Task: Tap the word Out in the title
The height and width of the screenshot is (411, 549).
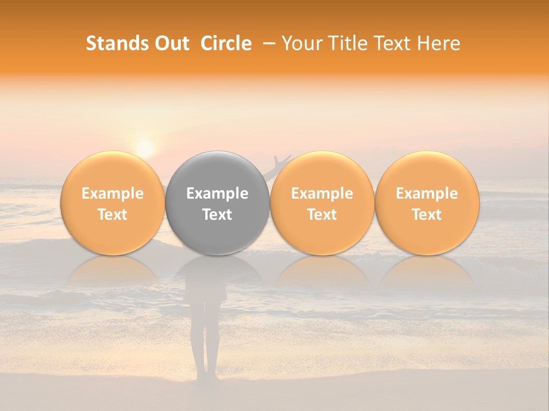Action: point(172,43)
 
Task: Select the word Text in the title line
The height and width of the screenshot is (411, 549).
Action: point(388,43)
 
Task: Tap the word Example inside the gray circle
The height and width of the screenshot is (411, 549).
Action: point(217,194)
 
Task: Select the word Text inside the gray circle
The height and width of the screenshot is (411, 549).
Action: point(217,215)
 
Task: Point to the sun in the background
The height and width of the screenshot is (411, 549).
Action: point(145,149)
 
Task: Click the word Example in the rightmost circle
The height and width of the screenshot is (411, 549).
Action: point(427,194)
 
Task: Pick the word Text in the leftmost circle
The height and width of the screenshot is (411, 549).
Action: point(113,215)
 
